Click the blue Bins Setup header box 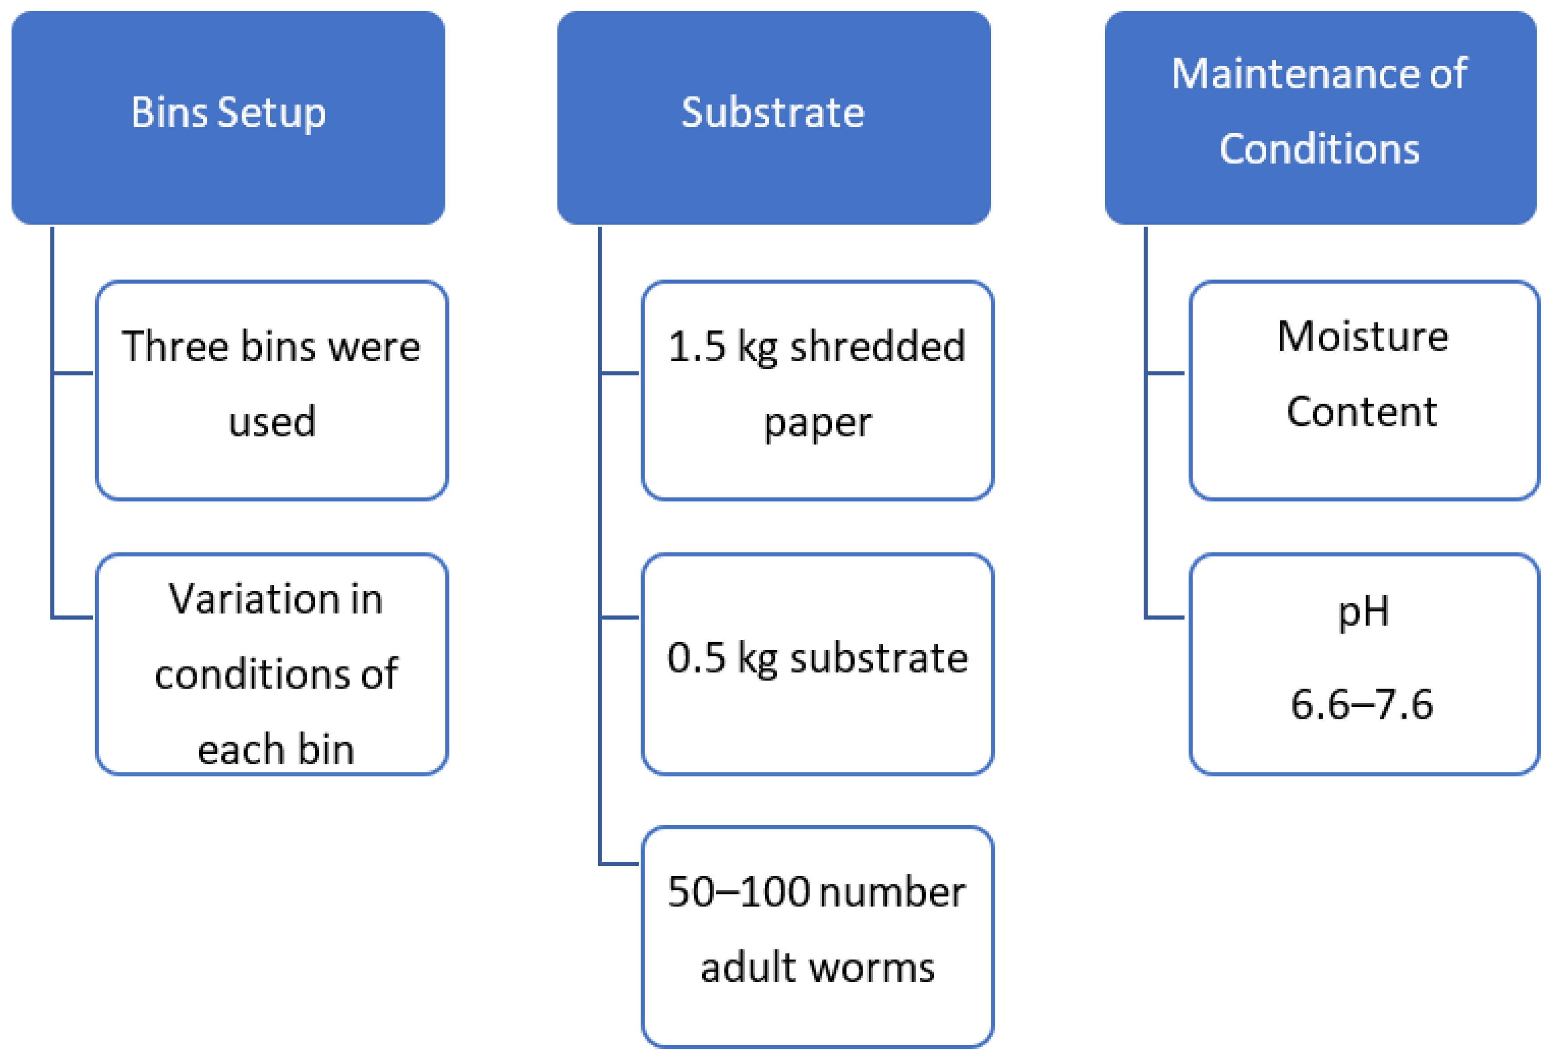228,117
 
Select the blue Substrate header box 774,117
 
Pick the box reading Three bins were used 272,389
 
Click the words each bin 275,750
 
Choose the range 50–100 739,892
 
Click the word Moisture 1363,336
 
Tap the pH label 1363,611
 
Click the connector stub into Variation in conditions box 73,617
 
